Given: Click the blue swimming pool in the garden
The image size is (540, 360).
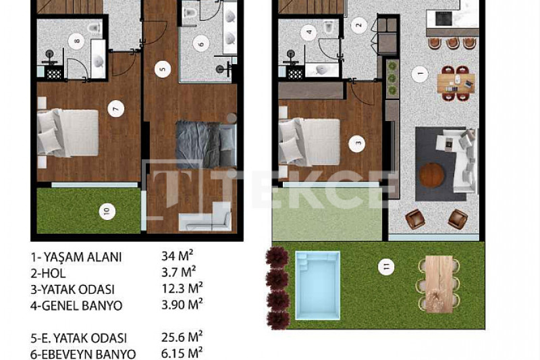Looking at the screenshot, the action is click(317, 286).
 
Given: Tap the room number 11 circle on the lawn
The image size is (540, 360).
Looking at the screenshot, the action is click(386, 267).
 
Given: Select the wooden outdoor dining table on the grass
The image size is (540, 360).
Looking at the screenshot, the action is click(439, 284).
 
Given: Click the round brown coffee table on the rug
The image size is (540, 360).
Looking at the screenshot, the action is click(432, 175).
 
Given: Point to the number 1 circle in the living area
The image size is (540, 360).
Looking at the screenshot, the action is click(420, 74).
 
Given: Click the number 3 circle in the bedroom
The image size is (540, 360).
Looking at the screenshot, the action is click(357, 144).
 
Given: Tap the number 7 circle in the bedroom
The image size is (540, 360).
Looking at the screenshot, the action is click(115, 109).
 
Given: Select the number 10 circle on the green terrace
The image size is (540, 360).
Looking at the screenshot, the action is click(107, 211).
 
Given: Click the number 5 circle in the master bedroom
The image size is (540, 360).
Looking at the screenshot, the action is click(163, 70).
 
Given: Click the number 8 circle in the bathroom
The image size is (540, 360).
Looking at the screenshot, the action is click(76, 41).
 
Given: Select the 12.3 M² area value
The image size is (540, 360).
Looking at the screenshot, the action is click(182, 288).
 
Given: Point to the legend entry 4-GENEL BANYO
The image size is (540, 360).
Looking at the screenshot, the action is click(76, 305).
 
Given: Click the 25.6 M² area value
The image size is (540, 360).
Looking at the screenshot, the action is click(182, 337).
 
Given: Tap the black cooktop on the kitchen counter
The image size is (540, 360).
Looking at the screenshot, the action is click(443, 18).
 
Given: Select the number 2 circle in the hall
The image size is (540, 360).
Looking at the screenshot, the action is click(359, 25).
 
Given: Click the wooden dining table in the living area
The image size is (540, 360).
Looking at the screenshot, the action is click(456, 83).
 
